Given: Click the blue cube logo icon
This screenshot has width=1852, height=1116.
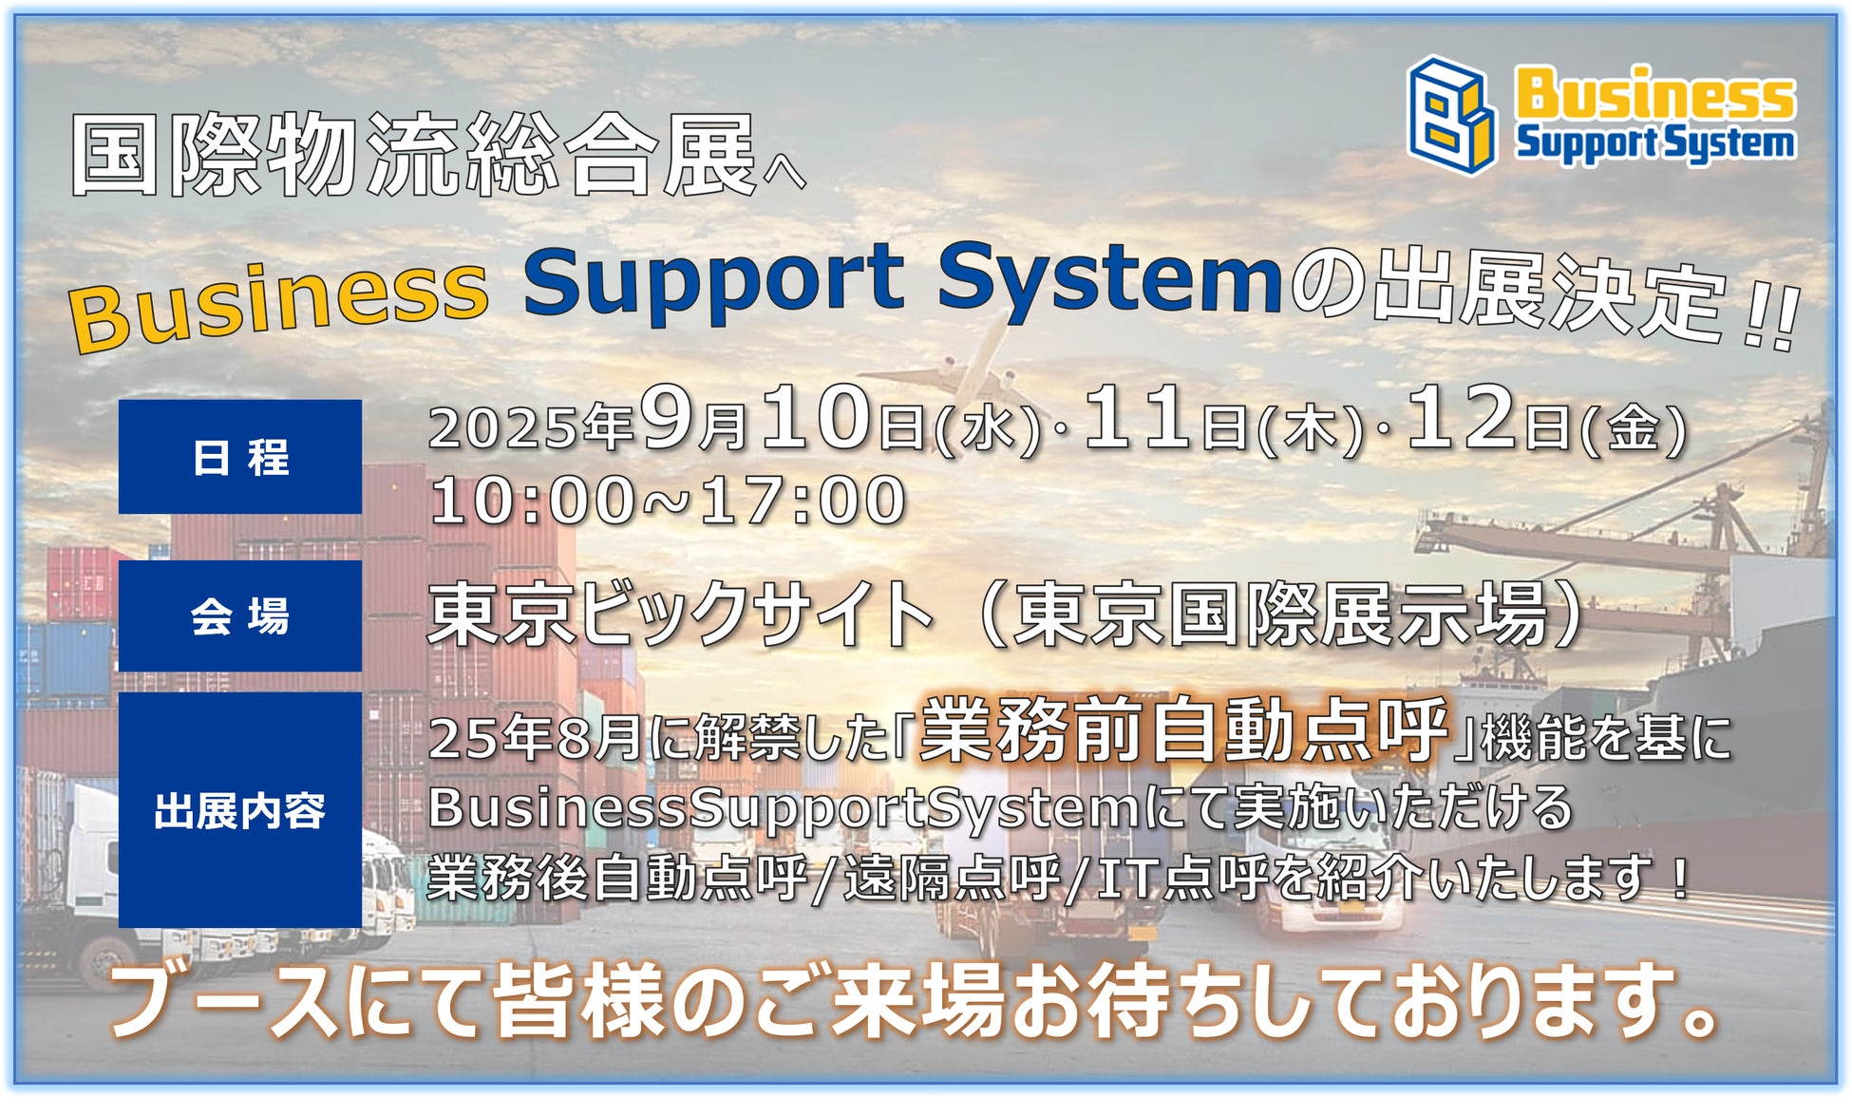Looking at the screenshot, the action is click(1451, 115).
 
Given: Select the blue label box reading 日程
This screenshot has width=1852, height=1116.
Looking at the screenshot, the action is click(240, 457).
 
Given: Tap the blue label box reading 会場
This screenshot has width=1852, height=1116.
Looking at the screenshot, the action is click(240, 616).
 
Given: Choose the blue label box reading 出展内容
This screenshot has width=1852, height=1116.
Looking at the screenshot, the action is click(240, 810).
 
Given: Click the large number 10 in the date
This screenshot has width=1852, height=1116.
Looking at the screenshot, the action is click(816, 418).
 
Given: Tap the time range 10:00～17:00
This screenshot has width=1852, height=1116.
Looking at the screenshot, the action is click(668, 501).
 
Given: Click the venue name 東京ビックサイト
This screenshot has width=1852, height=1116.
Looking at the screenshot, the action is click(681, 615).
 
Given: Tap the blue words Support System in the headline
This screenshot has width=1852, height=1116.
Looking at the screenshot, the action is click(902, 280).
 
